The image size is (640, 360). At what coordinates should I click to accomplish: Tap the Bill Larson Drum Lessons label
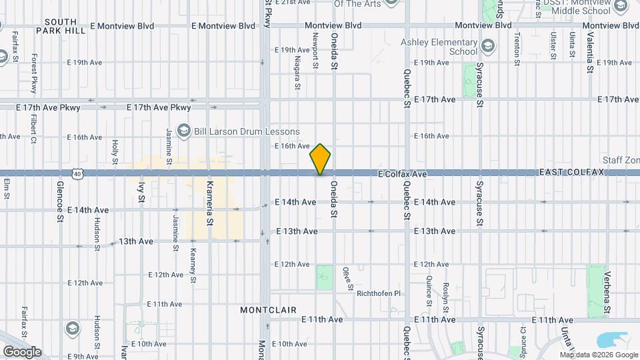tap(247, 131)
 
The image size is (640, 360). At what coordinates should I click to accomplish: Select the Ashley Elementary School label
tap(439, 47)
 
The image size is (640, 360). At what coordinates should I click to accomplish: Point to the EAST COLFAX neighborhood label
tap(571, 172)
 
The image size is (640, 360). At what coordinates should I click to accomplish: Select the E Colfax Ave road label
tap(401, 173)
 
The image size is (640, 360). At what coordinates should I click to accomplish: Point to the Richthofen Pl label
tap(380, 293)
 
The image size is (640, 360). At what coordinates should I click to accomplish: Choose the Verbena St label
tap(607, 293)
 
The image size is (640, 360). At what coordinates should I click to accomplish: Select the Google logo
tap(22, 351)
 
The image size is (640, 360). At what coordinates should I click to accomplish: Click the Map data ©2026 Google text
tap(598, 354)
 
